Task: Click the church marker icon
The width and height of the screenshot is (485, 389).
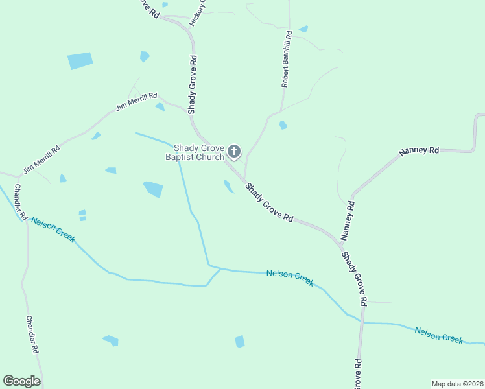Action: [x=234, y=152]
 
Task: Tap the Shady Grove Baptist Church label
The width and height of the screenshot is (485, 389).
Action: [x=195, y=152]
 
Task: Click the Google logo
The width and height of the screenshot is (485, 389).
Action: [x=21, y=381]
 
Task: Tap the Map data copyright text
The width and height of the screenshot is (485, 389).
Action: [x=457, y=384]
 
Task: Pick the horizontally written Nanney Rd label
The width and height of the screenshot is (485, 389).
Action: [x=419, y=150]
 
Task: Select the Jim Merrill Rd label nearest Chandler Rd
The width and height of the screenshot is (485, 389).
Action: [x=41, y=159]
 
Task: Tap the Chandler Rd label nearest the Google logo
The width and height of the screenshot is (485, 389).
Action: [x=32, y=335]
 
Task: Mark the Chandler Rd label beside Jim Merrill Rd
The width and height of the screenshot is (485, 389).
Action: [x=20, y=202]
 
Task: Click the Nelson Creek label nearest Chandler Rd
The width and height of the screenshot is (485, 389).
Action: [x=53, y=230]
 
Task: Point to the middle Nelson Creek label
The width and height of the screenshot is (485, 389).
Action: [x=290, y=277]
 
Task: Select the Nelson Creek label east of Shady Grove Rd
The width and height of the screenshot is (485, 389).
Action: [x=439, y=334]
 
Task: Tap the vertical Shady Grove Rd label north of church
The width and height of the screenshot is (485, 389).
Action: [x=193, y=85]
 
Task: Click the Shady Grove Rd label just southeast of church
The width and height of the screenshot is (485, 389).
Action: [x=269, y=202]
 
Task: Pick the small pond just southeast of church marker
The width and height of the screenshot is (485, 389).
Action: [x=228, y=187]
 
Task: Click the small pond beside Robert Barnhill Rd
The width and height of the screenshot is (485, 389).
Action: [x=283, y=125]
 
